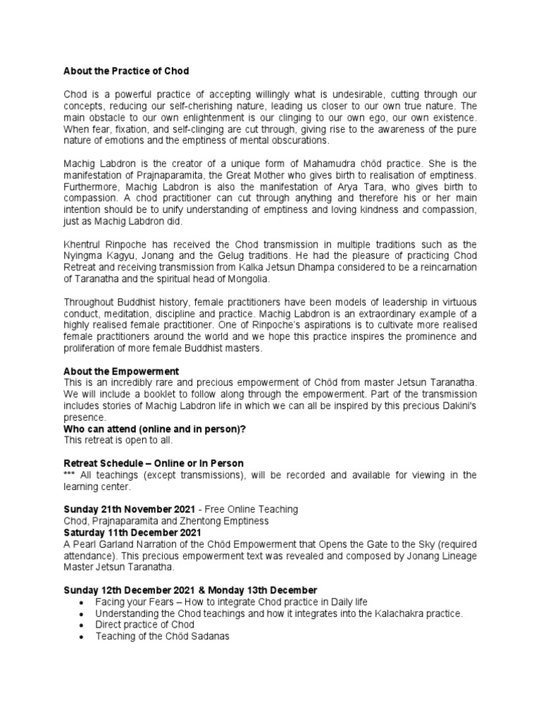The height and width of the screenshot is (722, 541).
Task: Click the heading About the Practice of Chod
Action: coord(126,71)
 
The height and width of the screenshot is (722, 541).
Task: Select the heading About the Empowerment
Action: coord(121,371)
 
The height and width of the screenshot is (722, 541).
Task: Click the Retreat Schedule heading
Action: coord(154,463)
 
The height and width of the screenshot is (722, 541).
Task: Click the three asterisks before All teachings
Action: coord(70,475)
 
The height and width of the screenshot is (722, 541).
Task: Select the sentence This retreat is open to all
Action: coord(118,440)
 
